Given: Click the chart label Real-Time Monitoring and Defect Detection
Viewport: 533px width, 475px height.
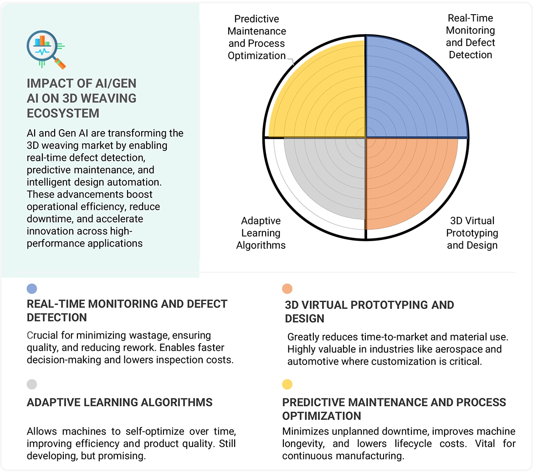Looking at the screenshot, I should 470,36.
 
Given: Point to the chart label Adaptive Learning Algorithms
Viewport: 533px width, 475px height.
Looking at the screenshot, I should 261,233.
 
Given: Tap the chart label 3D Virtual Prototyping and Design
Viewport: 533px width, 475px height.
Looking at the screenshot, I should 472,233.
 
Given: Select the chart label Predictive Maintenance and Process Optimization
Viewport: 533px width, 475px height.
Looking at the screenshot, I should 257,37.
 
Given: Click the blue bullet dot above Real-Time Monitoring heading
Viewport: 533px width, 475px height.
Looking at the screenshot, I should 32,288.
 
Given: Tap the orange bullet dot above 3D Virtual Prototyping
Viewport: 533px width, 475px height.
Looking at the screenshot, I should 287,288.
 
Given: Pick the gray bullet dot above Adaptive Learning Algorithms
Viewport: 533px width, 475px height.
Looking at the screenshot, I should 32,384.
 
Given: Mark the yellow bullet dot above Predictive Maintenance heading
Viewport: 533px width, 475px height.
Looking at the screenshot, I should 287,384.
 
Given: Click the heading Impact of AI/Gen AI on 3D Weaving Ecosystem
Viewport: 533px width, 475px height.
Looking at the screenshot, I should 82,98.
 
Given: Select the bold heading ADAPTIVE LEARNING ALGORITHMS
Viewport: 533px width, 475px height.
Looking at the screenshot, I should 120,402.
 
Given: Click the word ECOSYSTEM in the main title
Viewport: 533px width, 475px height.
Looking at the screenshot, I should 63,113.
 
